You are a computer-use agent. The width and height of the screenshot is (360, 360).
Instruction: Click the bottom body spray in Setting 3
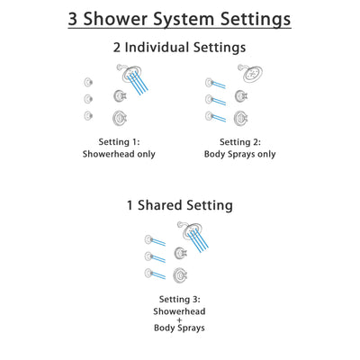point(148,274)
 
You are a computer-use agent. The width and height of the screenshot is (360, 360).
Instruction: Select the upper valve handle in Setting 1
point(118,96)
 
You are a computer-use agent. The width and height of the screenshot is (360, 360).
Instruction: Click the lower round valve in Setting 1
point(118,117)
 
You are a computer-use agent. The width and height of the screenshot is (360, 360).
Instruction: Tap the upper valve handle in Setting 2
point(240,96)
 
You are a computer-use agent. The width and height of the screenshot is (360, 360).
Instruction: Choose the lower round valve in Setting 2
point(240,117)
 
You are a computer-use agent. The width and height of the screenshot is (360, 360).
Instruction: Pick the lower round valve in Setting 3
point(180,275)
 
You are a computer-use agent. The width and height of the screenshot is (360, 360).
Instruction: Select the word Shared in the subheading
point(170,205)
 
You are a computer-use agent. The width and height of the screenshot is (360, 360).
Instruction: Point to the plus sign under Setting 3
point(179,321)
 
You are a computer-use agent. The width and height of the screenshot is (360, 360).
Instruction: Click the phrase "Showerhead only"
point(121,154)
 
